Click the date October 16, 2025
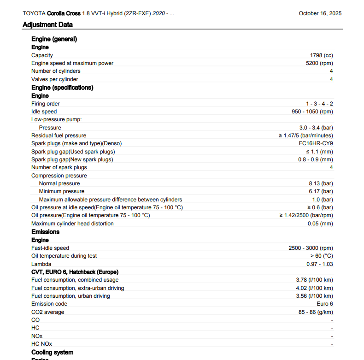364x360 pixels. point(320,13)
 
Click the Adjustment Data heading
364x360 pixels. point(47,25)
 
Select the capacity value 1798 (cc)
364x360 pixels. point(321,55)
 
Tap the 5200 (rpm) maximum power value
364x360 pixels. point(319,63)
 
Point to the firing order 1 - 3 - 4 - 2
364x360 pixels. point(319,104)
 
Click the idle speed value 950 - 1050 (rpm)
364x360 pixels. point(309,112)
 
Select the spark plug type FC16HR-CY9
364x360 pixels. point(316,143)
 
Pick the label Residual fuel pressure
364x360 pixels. point(59,136)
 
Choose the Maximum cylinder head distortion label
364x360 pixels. point(72,224)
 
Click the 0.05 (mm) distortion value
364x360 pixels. point(320,224)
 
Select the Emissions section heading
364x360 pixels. point(45,232)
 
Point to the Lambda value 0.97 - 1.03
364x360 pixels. point(320,264)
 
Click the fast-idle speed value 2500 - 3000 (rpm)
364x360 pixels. point(311,248)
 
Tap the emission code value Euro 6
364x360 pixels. point(325,304)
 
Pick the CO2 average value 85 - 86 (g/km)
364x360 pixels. point(316,312)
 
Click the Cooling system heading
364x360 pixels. point(52,352)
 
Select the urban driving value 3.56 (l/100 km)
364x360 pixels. point(314,296)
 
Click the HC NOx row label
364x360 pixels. point(41,344)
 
